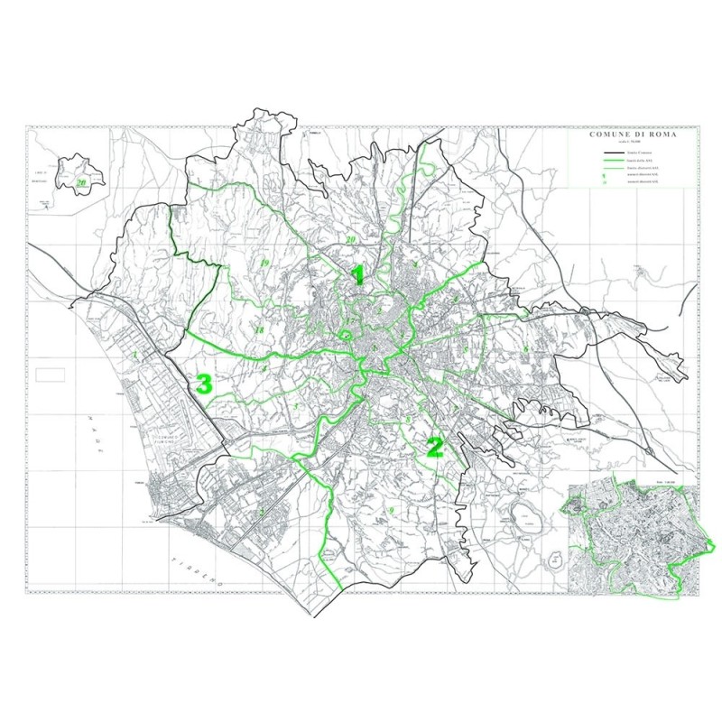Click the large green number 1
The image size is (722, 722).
point(358,275)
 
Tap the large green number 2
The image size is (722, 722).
point(435,447)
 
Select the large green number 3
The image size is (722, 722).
point(204,384)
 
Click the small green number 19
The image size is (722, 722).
point(264,263)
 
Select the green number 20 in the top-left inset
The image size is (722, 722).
point(81,182)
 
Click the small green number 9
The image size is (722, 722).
point(393,512)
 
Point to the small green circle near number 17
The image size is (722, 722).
point(343,336)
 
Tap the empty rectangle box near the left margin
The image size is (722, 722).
point(51,373)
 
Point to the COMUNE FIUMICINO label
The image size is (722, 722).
point(169,441)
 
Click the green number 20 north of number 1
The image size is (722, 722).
point(350,240)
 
